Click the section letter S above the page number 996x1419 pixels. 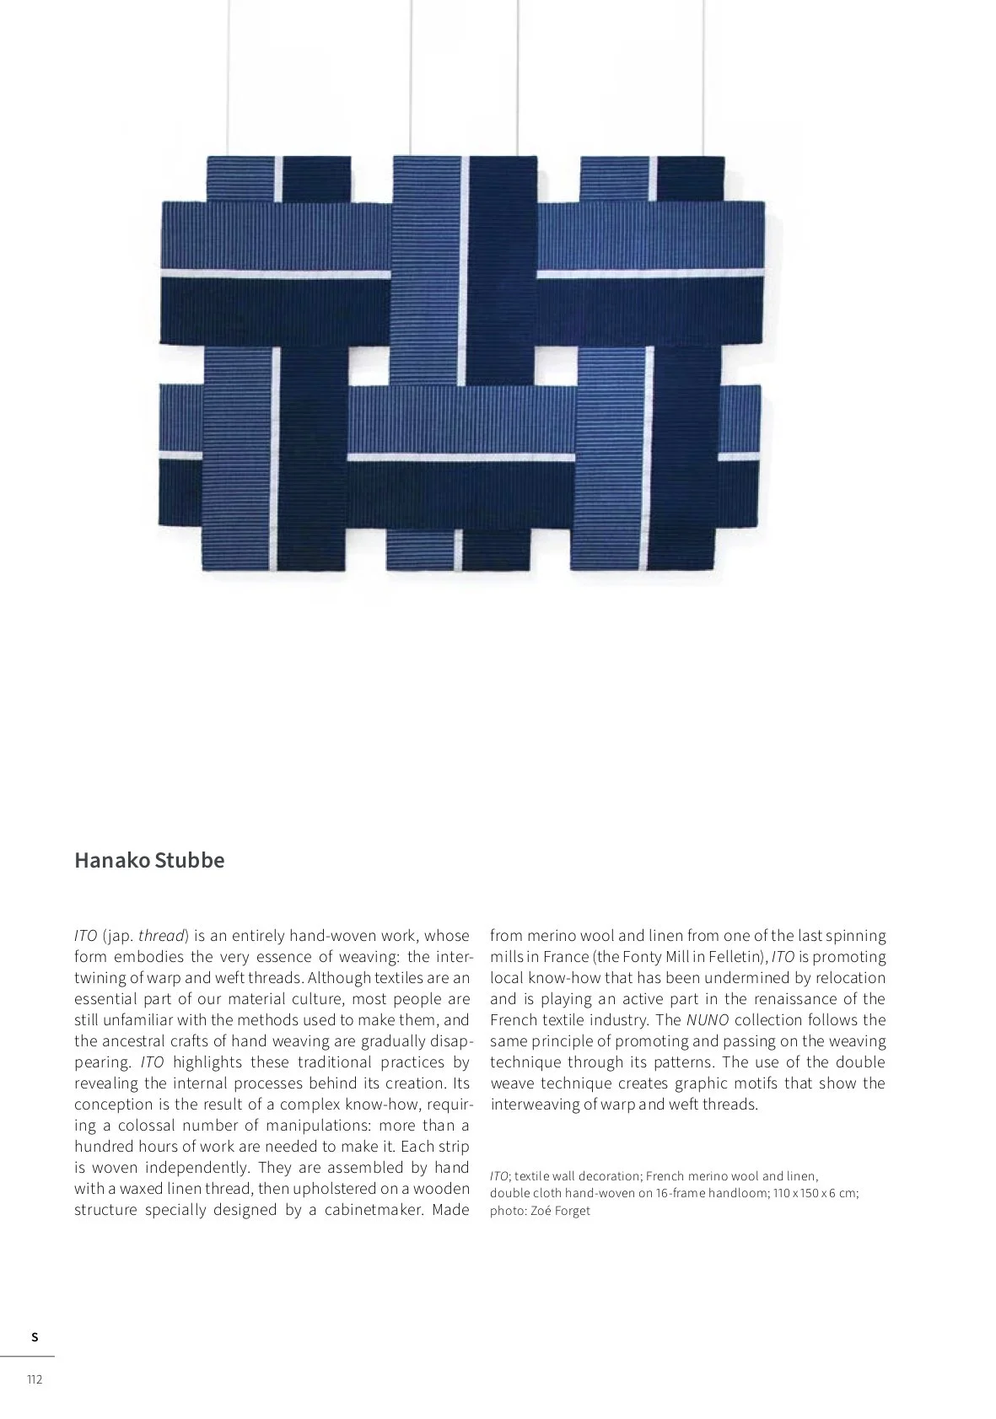tap(35, 1337)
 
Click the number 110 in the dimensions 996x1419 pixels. tap(782, 1193)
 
